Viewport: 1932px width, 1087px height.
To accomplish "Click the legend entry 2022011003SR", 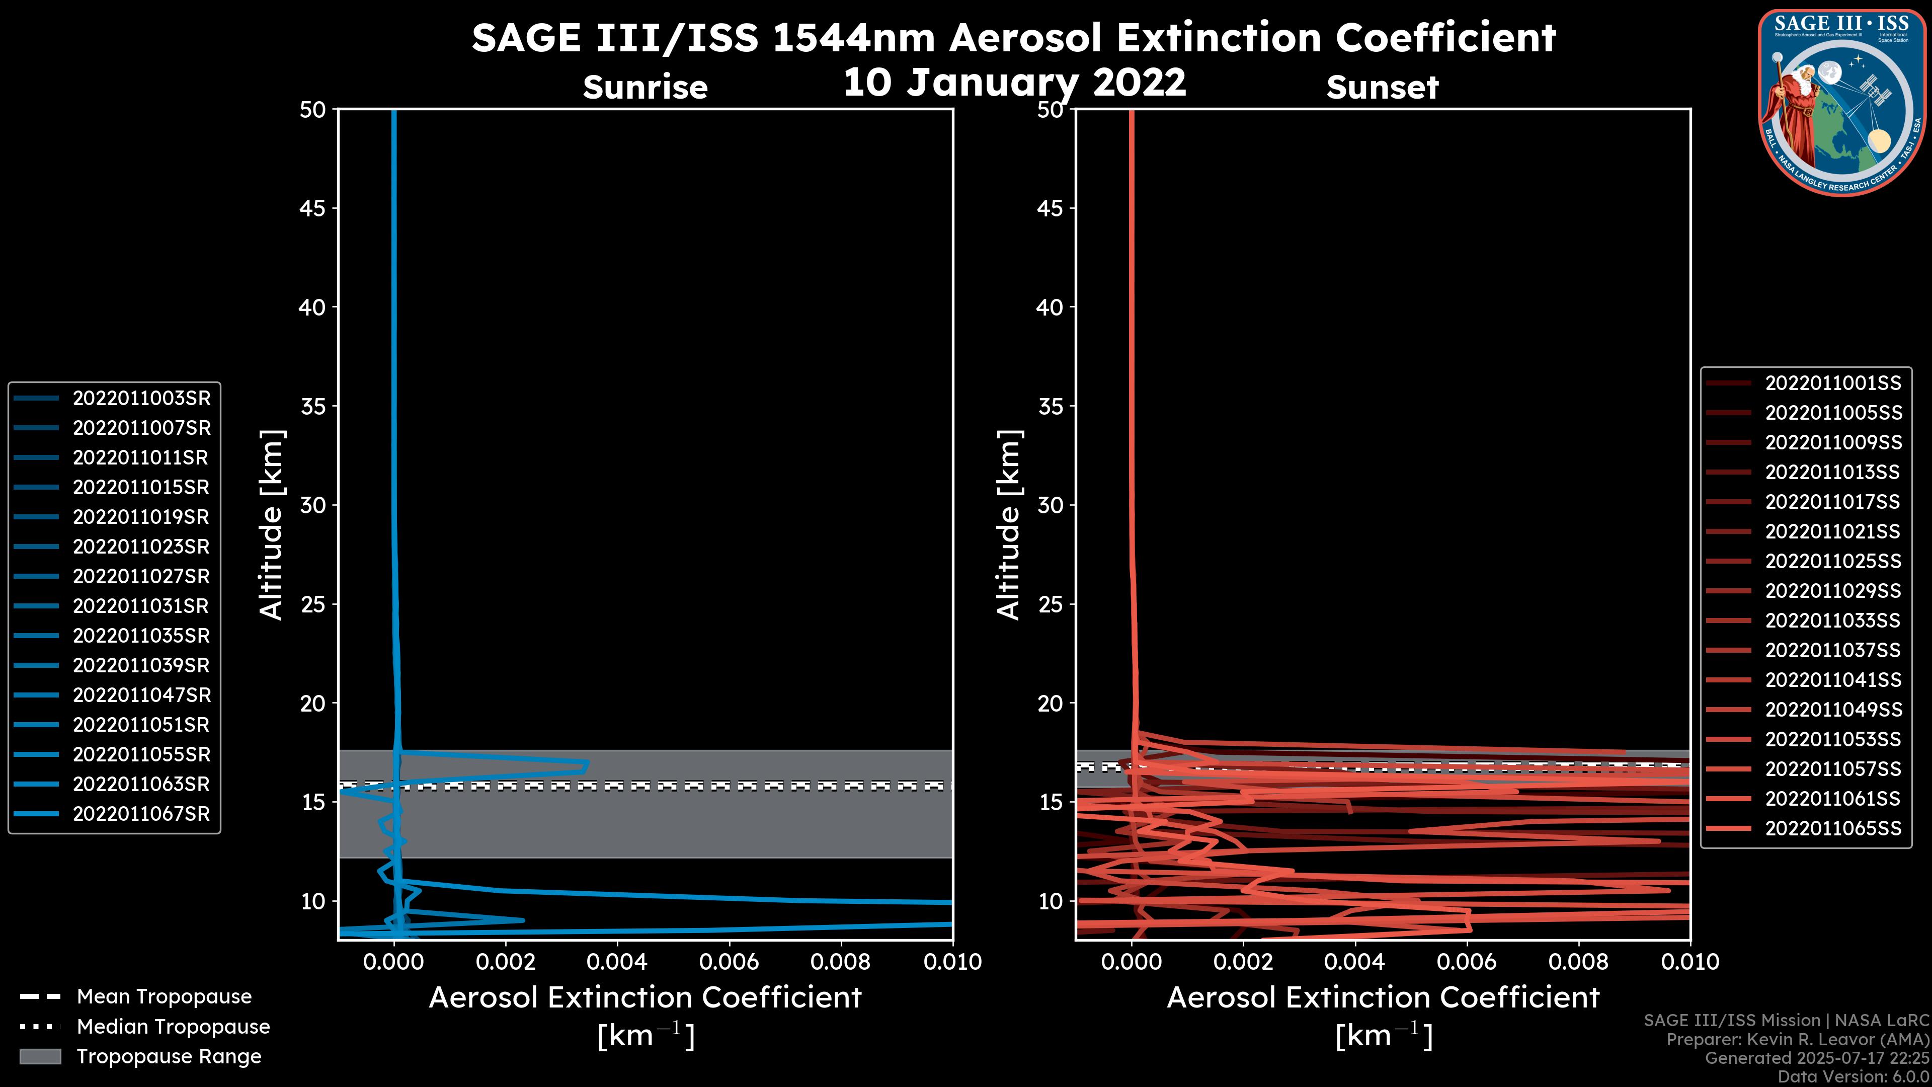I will (x=141, y=399).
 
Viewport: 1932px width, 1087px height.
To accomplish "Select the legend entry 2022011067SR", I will (x=141, y=814).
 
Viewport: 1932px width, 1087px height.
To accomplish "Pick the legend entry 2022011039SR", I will (x=141, y=665).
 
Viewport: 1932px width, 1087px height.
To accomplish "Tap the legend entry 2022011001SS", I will (x=1832, y=383).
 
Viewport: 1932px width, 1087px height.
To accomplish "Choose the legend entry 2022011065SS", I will (x=1832, y=828).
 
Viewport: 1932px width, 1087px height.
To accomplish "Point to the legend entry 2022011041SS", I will (x=1832, y=680).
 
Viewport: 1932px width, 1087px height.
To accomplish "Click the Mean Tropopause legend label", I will (x=164, y=996).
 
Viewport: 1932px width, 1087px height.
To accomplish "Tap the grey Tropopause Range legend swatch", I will (x=40, y=1056).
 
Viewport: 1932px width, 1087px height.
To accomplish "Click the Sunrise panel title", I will (x=645, y=88).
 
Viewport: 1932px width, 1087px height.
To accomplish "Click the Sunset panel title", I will (x=1382, y=88).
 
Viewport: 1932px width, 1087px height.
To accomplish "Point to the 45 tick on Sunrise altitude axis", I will (x=313, y=208).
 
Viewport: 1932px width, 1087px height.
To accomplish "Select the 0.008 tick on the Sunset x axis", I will (x=1579, y=962).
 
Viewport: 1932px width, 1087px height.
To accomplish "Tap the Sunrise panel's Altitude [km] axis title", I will (x=271, y=525).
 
